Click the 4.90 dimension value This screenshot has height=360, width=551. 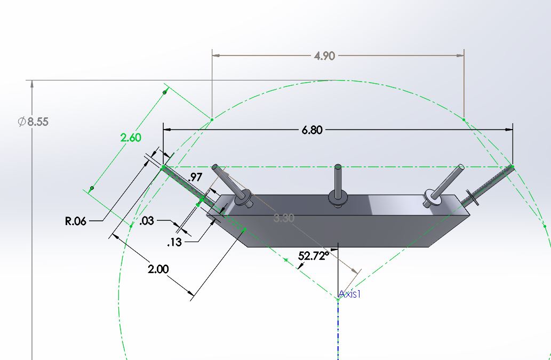coord(324,56)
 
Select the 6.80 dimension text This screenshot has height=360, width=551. coord(312,130)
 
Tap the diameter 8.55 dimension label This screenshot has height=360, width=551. coord(33,122)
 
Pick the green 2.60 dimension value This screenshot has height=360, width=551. coord(131,138)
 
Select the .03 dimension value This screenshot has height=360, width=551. coord(147,221)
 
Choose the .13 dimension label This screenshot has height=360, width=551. coord(174,243)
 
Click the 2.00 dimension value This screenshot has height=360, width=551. coord(158,269)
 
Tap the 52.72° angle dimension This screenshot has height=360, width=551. coord(314,256)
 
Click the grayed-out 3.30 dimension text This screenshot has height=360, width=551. coord(283,218)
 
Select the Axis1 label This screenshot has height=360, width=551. coord(349,294)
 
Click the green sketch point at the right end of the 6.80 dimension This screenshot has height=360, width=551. coord(513,167)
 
